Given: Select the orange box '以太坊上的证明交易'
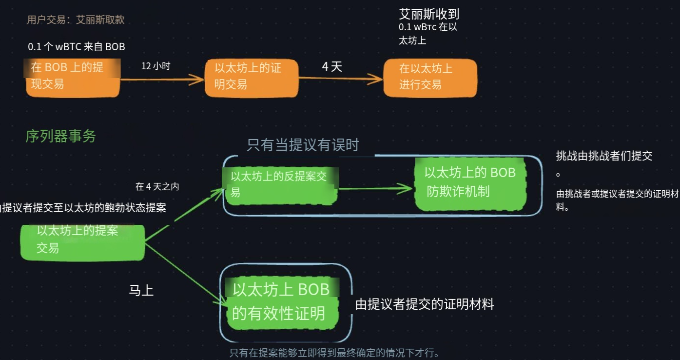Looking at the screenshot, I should (251, 76).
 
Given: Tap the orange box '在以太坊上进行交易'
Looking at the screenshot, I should (429, 77).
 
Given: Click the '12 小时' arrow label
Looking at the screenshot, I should (155, 66).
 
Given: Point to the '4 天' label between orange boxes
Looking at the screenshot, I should (332, 67).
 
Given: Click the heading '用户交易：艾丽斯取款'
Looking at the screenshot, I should (76, 20).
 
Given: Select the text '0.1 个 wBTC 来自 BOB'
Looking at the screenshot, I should (77, 47).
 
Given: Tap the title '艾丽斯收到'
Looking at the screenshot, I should (429, 14).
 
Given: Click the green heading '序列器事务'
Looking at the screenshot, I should (60, 137).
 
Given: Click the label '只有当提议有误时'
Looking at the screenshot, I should (303, 145).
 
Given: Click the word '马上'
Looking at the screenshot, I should (141, 291).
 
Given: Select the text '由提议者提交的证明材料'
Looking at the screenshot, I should (425, 305).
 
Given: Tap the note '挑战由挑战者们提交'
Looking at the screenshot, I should (604, 156).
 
